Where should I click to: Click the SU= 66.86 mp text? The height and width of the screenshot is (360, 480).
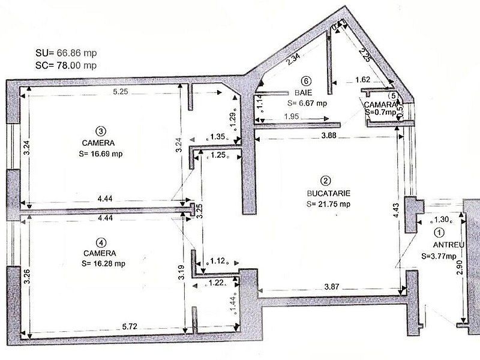[x=66, y=53]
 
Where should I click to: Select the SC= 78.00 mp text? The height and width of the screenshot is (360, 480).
[x=66, y=65]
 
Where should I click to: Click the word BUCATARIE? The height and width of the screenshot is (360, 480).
[x=328, y=193]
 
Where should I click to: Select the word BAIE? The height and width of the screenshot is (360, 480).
[x=307, y=93]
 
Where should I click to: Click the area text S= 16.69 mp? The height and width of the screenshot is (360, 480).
[x=100, y=153]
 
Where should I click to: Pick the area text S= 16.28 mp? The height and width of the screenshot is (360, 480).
[x=100, y=263]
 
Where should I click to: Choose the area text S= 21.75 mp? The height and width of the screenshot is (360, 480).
[x=328, y=204]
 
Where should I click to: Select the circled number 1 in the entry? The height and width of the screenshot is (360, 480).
[x=439, y=233]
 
